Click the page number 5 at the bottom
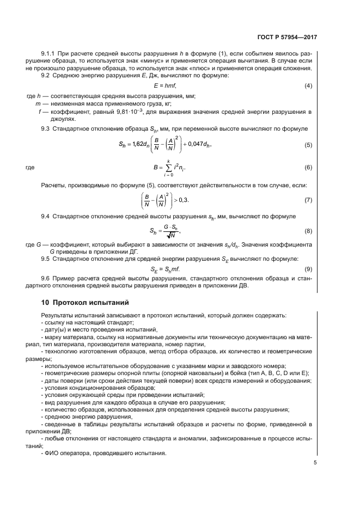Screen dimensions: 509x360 (x=315, y=463)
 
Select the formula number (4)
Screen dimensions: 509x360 (x=308, y=87)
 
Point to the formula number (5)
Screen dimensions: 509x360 (x=308, y=145)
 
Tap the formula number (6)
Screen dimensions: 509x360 (x=308, y=168)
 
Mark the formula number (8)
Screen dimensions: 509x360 (x=308, y=231)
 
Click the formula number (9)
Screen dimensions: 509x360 (x=308, y=269)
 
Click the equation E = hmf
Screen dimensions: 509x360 (x=166, y=87)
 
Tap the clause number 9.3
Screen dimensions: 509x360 (x=46, y=128)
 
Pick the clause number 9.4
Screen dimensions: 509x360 (x=46, y=217)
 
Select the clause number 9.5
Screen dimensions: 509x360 (x=46, y=259)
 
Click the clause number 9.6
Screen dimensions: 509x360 (x=46, y=279)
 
